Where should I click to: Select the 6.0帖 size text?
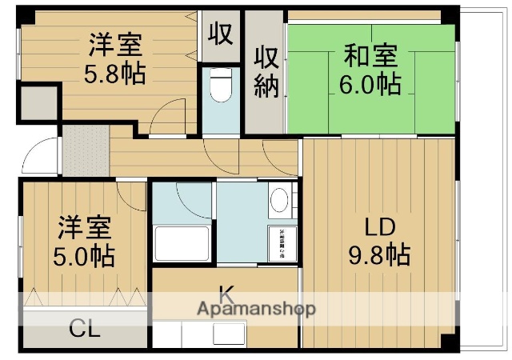(x=371, y=83)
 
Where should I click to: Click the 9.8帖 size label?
(x=380, y=255)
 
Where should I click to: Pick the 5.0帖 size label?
(x=84, y=256)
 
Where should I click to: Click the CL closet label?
(x=83, y=329)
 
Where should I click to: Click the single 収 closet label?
(x=220, y=33)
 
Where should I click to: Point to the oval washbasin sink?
(x=279, y=201)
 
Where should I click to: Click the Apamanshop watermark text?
(x=255, y=309)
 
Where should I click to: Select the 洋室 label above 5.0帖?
(x=84, y=226)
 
